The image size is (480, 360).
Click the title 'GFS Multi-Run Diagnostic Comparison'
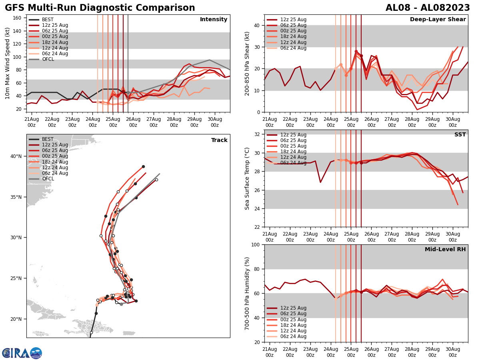pos(100,8)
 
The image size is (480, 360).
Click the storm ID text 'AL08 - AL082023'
pos(428,8)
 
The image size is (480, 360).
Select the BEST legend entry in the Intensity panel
pos(47,20)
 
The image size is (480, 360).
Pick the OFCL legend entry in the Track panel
pos(48,179)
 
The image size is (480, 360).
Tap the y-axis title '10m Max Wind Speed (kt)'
pos(7,63)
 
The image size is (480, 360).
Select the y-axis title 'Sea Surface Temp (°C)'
pos(247,178)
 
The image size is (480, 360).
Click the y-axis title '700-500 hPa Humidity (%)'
pos(247,293)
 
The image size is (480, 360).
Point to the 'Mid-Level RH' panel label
pos(445,250)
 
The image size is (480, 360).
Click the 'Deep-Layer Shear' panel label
pos(438,20)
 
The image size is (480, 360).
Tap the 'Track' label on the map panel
pos(219,140)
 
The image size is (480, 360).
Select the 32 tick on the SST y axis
pos(256,134)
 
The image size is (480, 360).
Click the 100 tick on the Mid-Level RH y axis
pos(255,244)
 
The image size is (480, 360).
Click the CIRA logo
pos(22,353)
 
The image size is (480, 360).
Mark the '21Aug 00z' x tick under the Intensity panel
pos(32,122)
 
